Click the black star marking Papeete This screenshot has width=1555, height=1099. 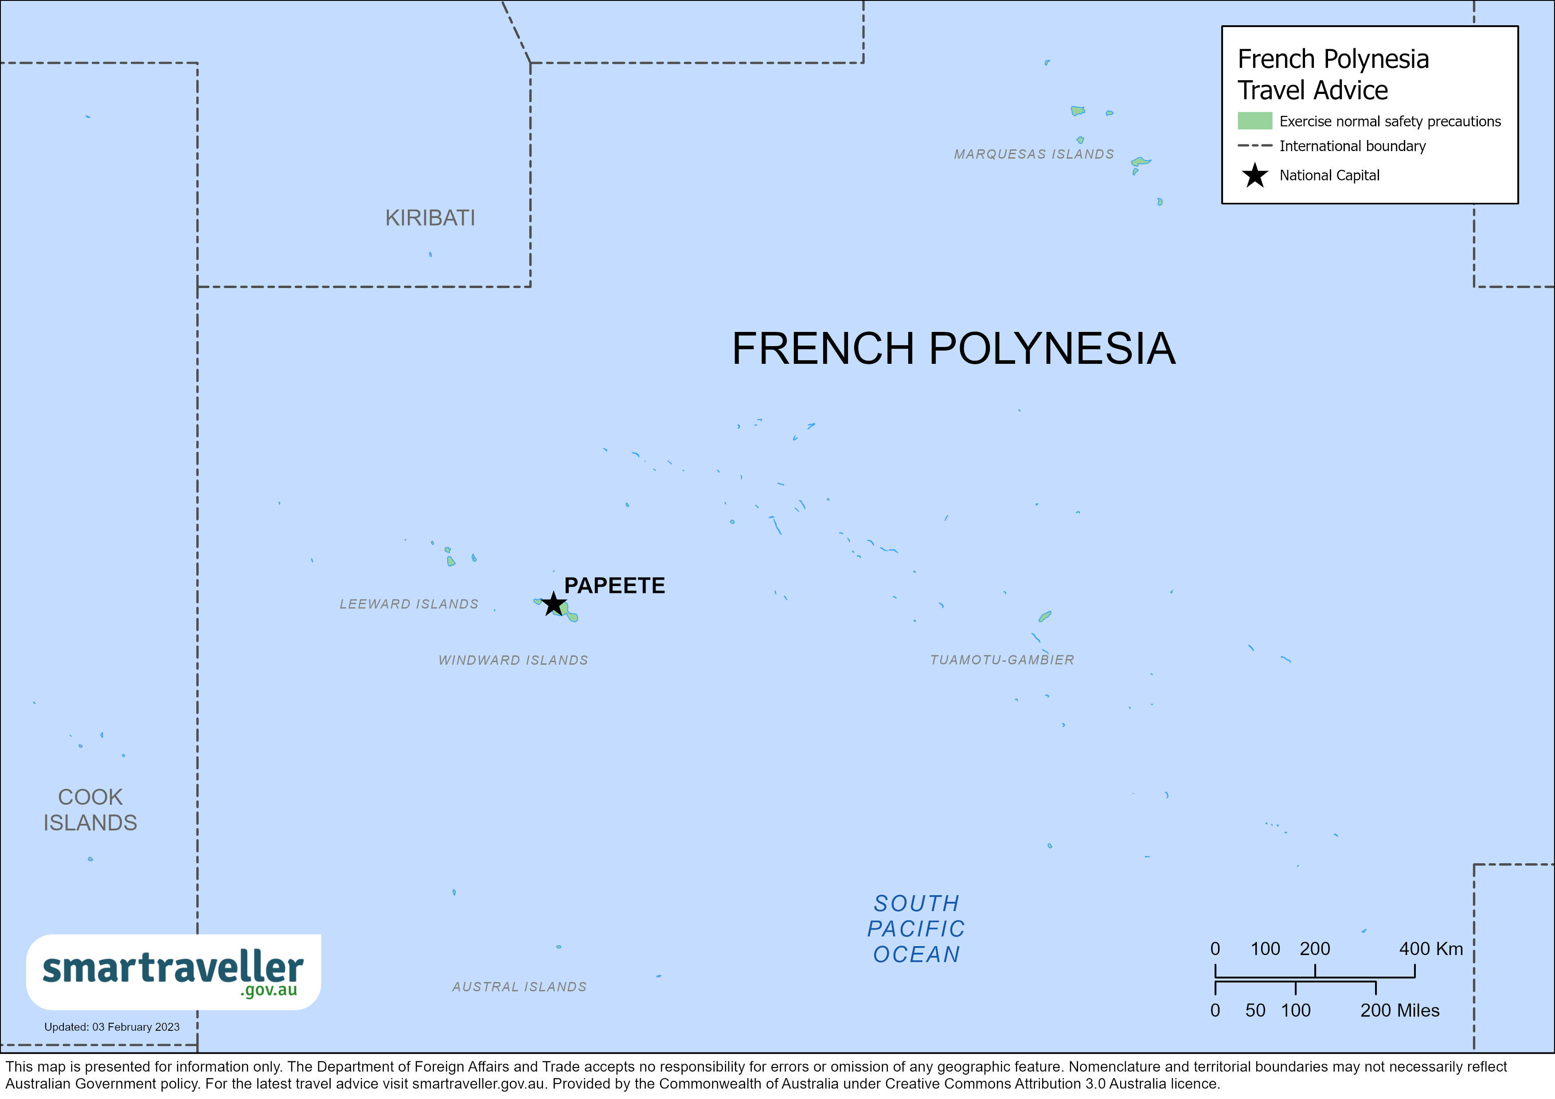(553, 603)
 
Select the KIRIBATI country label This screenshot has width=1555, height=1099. (430, 218)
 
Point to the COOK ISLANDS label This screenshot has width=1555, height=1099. (90, 810)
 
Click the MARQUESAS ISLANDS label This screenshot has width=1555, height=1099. (1034, 154)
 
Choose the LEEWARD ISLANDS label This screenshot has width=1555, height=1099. (409, 604)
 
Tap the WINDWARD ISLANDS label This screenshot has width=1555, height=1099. (513, 660)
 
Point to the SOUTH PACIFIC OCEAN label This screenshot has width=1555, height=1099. (916, 929)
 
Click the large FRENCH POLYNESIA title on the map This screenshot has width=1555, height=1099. (953, 349)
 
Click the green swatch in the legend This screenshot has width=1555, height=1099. (1254, 121)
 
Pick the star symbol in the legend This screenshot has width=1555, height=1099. (1254, 175)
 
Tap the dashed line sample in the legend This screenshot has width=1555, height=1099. (1254, 146)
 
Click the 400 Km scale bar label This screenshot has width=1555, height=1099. (1430, 949)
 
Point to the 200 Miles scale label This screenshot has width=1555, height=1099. (1399, 1011)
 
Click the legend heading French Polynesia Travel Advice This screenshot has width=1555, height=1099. (1333, 74)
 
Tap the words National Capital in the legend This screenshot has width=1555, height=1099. (1329, 175)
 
